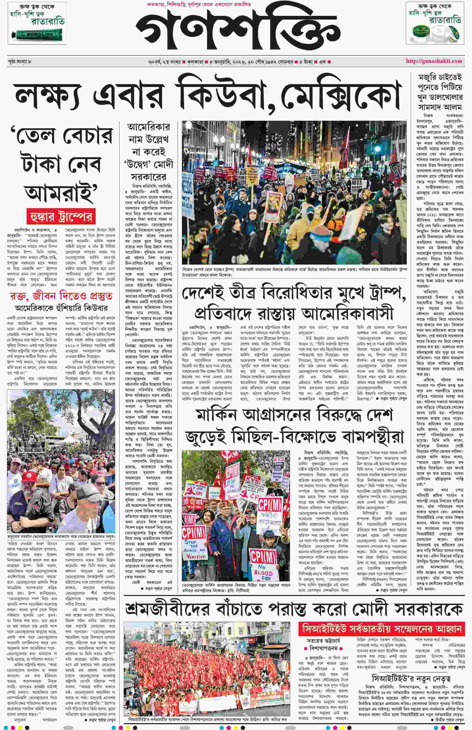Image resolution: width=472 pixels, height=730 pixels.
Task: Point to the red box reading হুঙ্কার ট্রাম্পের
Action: (61, 217)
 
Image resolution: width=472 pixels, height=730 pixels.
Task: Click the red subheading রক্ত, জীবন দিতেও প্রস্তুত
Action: (61, 296)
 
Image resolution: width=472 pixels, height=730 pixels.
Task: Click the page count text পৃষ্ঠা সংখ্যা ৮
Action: (20, 61)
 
